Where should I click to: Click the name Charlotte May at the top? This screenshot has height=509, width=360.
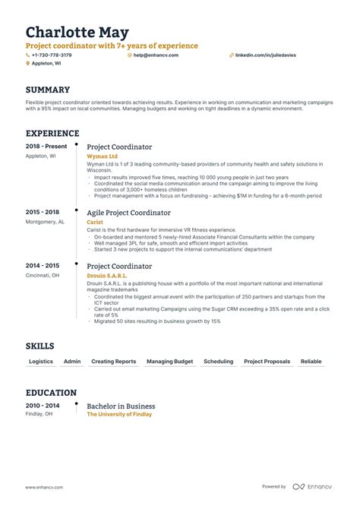[x=77, y=33]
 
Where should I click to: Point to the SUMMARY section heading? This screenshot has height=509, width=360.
[x=48, y=90]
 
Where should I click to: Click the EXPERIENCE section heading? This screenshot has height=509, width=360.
[x=52, y=134]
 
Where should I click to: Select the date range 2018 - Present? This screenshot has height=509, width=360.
[x=46, y=147]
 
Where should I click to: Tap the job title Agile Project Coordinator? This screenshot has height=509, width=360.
[x=128, y=213]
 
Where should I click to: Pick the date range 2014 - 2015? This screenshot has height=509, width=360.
[x=42, y=266]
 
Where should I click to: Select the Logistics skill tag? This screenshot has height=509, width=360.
[x=40, y=362]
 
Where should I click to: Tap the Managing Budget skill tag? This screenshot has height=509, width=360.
[x=169, y=362]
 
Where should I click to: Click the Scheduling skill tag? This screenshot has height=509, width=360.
[x=218, y=362]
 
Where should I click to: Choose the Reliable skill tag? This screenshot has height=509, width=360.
[x=311, y=362]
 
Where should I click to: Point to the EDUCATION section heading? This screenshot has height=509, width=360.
[x=51, y=393]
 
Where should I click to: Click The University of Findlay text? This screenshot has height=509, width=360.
[x=119, y=414]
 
